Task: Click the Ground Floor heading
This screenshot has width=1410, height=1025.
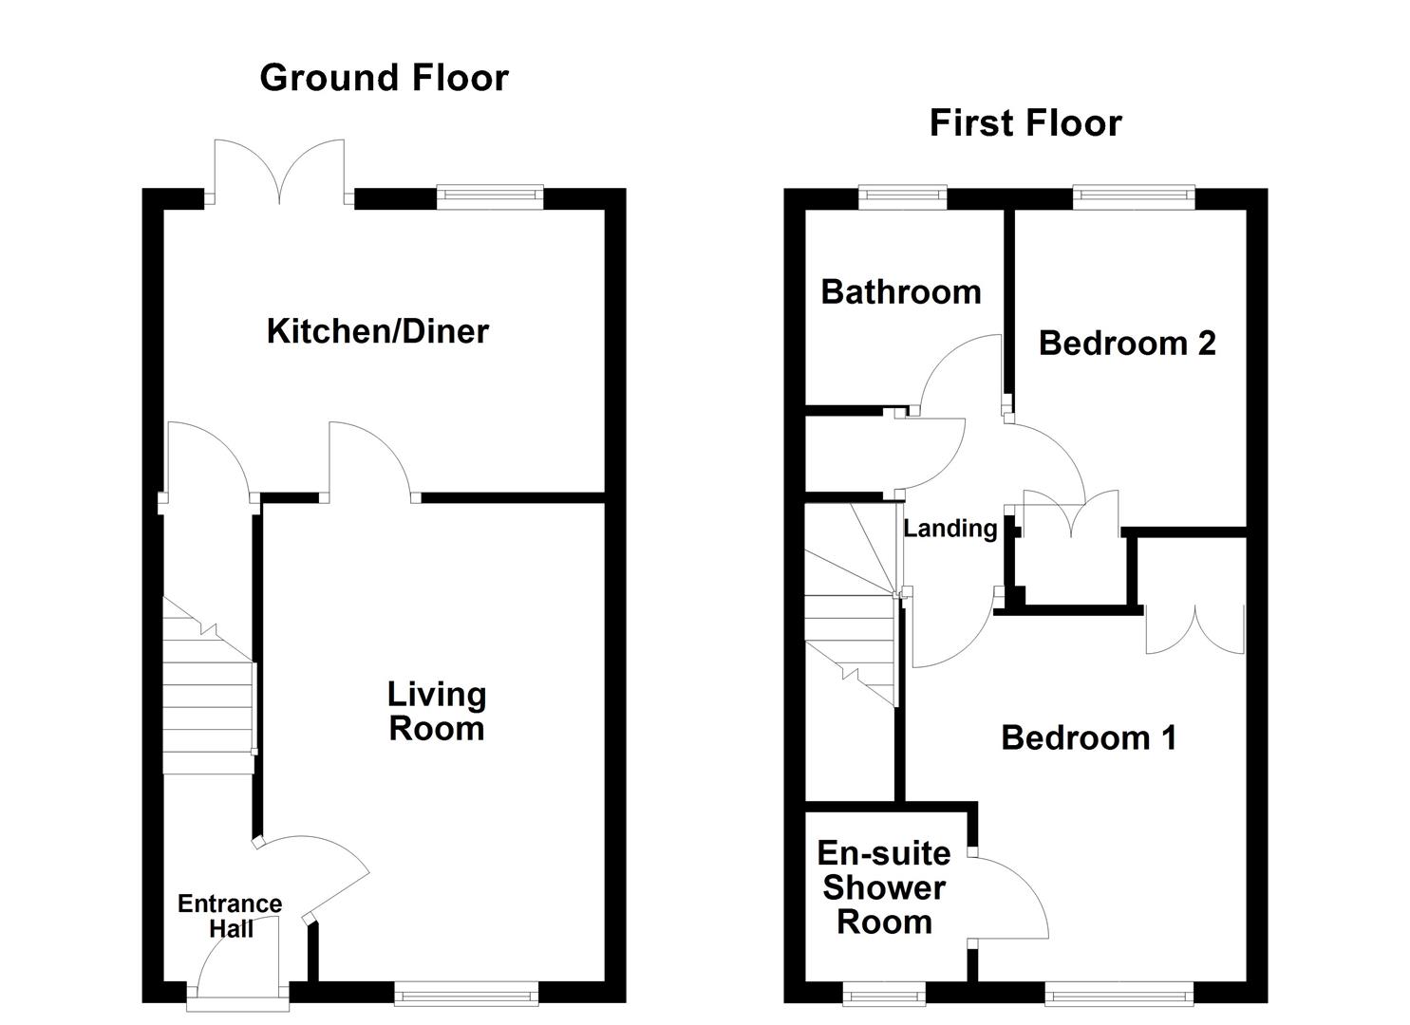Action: point(384,78)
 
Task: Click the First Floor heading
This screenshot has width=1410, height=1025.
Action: point(1025,122)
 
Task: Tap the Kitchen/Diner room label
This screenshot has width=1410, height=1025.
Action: point(378,331)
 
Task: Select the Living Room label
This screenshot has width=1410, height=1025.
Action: point(437,712)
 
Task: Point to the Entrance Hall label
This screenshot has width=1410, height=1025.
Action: point(230,916)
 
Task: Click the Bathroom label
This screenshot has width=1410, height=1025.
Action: point(901,292)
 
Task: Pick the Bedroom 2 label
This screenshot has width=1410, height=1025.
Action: point(1127,343)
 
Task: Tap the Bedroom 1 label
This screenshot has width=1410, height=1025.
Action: point(1088,737)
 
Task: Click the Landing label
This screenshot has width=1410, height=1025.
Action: point(949,529)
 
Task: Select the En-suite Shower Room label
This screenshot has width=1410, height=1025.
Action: point(884,887)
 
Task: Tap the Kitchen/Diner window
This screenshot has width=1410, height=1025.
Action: point(490,197)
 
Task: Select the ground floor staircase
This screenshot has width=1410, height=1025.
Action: point(209,685)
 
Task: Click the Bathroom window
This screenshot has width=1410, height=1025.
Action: point(903,197)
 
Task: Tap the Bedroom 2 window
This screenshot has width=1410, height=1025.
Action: point(1134,197)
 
